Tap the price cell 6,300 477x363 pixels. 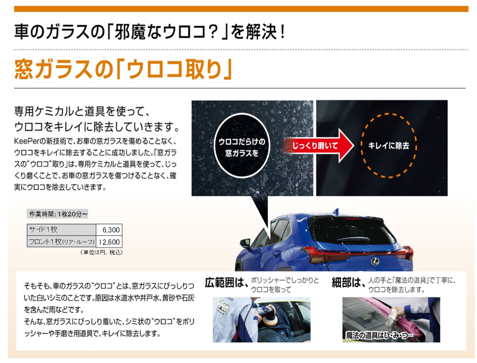point(111,229)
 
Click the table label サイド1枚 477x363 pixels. point(43,229)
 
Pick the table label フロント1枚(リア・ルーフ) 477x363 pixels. point(61,242)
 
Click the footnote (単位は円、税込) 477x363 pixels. point(101,252)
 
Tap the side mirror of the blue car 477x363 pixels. point(246,242)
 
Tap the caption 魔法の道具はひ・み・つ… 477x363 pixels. point(380,335)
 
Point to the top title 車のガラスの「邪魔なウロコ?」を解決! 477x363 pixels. point(149,32)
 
